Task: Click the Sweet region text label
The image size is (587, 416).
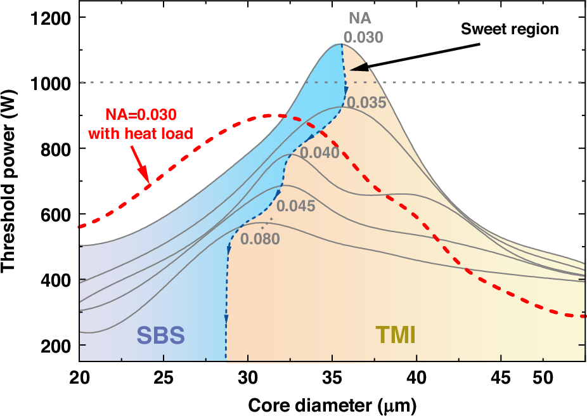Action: coord(510,29)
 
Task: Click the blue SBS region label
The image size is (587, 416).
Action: coord(162,335)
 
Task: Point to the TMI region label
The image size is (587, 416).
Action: coord(395,335)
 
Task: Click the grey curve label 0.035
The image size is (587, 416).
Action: coord(366,101)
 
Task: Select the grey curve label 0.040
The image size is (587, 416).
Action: coord(319,152)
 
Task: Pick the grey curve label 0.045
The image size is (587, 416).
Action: coord(295,205)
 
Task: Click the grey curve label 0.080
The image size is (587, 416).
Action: coord(261,240)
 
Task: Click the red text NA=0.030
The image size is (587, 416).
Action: coord(140,115)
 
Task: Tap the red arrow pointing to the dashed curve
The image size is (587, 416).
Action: coord(140,165)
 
